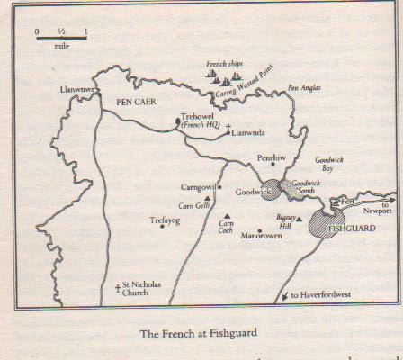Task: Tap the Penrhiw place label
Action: point(271,157)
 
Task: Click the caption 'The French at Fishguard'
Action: point(198,333)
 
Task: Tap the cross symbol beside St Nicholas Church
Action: point(118,288)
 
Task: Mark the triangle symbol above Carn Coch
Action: point(229,215)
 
